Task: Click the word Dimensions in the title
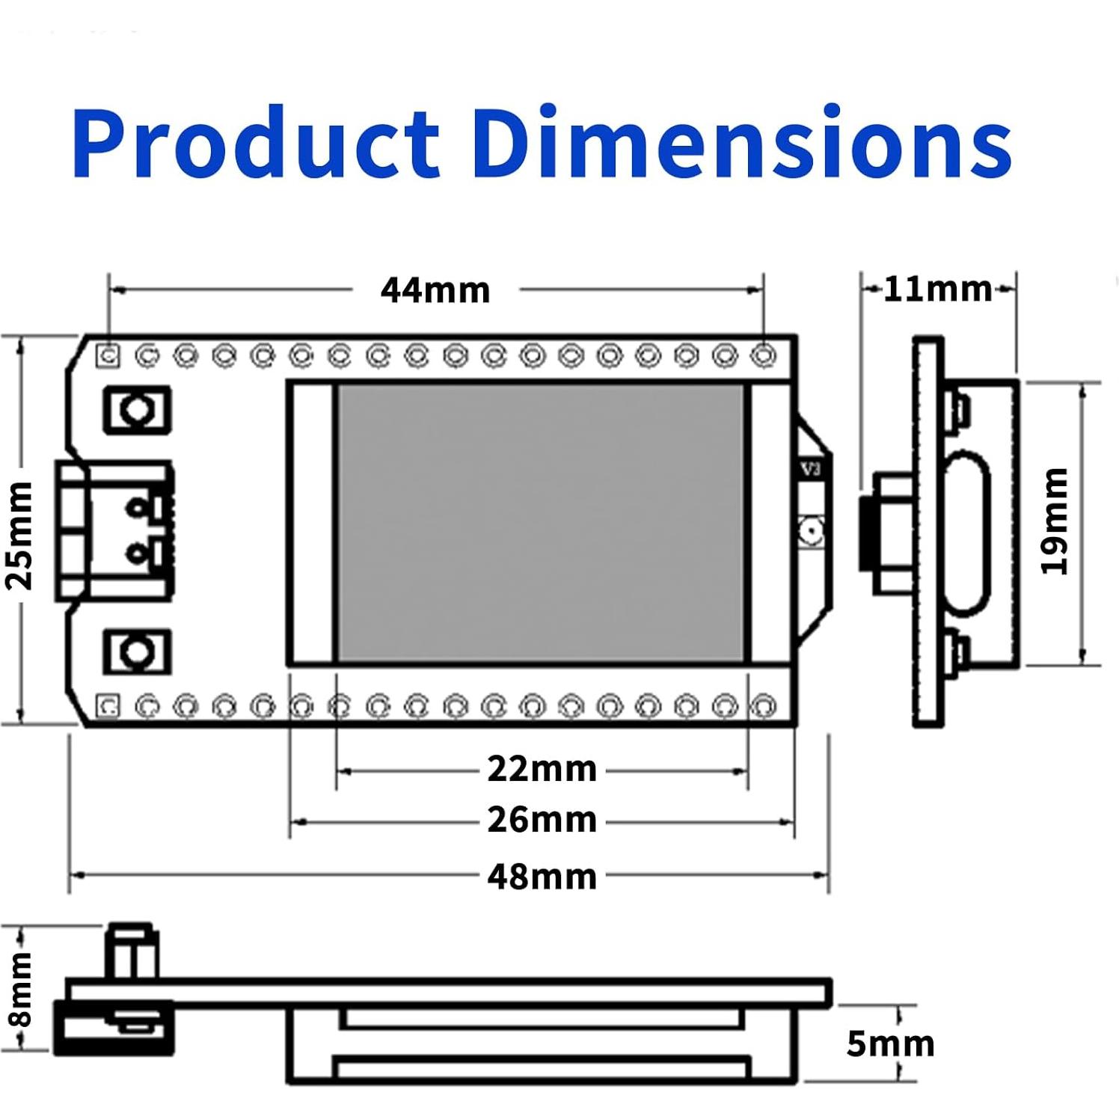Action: coord(741,142)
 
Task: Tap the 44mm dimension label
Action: coord(435,290)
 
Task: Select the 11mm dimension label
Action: coord(937,289)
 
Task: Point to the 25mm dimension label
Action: coord(20,536)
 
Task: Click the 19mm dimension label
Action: coord(1055,521)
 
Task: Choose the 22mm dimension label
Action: coord(542,769)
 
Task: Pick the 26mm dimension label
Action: coord(542,820)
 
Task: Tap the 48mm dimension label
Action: coord(542,877)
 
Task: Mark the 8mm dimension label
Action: coord(20,989)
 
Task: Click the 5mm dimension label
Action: coord(890,1044)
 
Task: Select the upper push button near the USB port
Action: coord(138,410)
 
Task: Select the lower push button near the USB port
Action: coord(138,652)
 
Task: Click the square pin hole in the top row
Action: coord(109,355)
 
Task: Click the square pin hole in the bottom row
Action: coord(109,705)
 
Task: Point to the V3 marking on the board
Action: coord(811,469)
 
